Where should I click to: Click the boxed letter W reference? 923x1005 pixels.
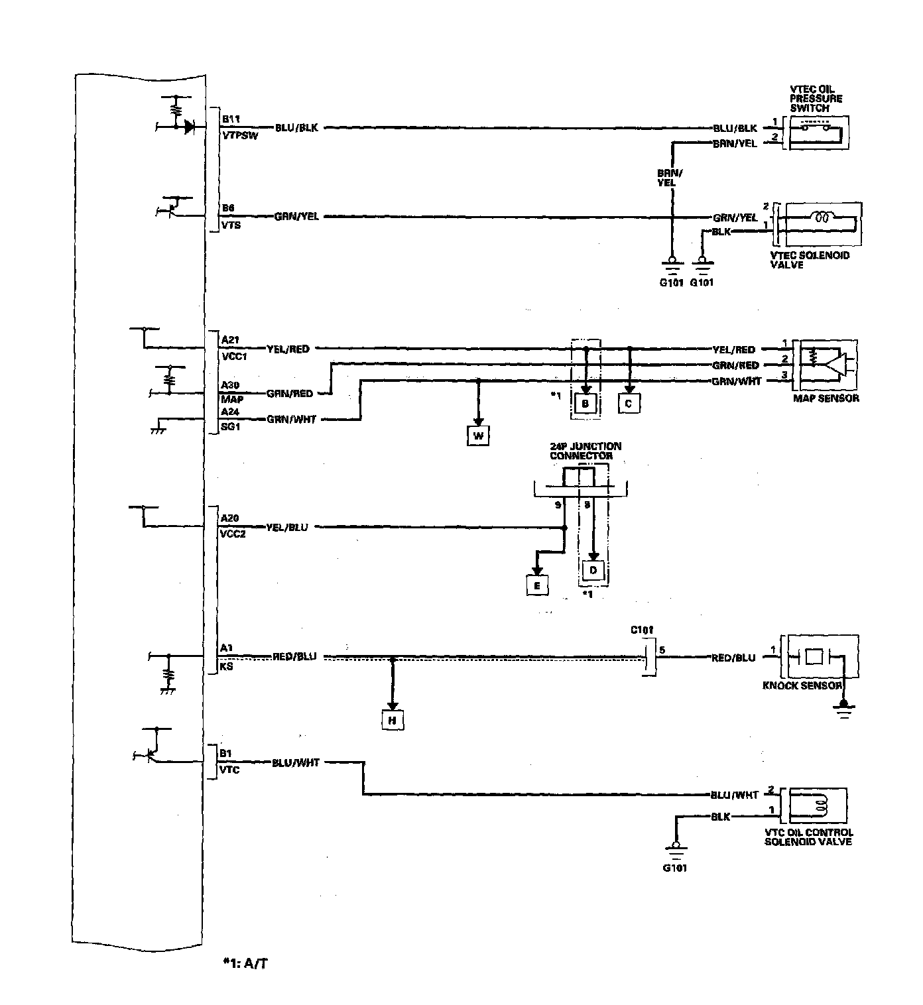(478, 436)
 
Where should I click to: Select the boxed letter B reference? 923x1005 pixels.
(585, 403)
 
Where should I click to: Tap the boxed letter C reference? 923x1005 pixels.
(629, 403)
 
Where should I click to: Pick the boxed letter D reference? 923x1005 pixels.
(593, 570)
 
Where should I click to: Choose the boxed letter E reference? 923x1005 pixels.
(537, 585)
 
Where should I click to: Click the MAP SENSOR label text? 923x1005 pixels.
(826, 398)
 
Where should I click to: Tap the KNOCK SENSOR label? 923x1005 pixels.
(802, 685)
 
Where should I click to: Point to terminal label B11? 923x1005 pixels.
(231, 119)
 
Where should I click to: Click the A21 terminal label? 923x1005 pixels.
(230, 340)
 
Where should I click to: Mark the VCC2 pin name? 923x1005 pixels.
(232, 534)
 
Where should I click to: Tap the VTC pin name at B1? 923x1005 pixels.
(229, 770)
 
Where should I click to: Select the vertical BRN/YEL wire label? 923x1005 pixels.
(666, 178)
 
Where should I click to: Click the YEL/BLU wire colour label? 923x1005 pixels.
(286, 528)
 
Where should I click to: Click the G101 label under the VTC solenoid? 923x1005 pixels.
(674, 868)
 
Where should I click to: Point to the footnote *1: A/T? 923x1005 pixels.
(246, 962)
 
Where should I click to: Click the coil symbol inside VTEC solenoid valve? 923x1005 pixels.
(823, 217)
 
